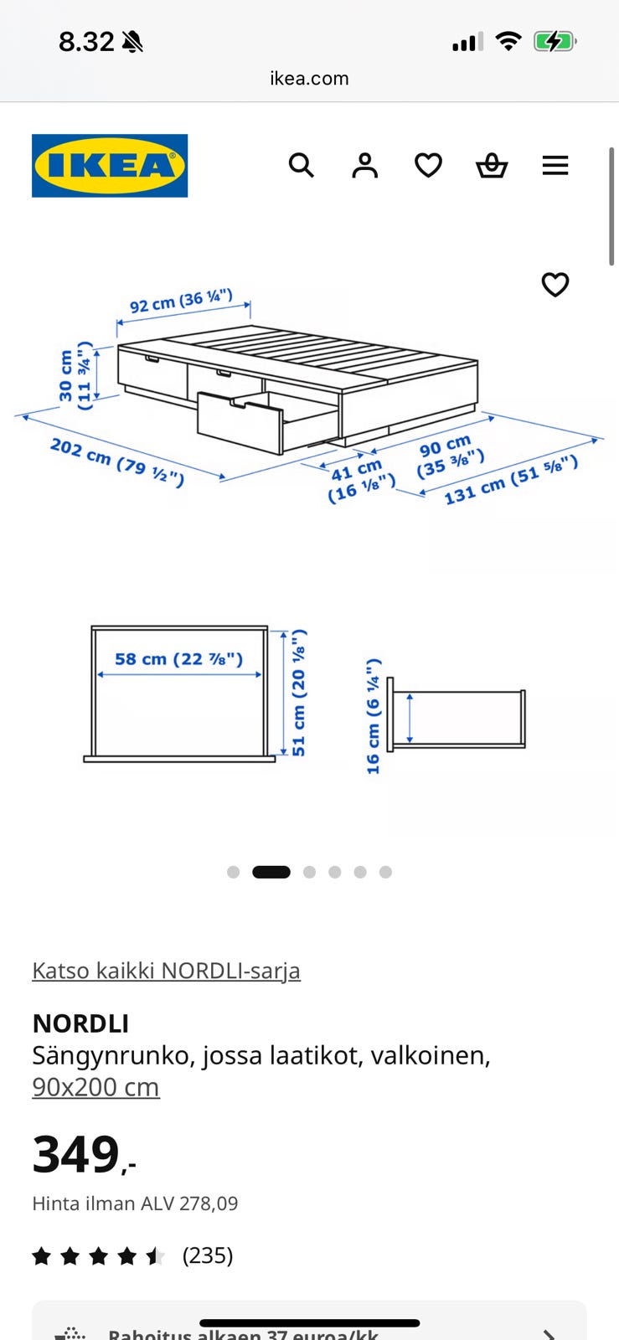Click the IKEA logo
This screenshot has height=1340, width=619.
[110, 166]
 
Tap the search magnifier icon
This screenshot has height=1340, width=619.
[302, 165]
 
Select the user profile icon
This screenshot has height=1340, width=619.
[364, 165]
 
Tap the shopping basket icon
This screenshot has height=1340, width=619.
[492, 166]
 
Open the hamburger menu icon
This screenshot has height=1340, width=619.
[555, 165]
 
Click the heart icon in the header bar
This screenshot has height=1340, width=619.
[428, 165]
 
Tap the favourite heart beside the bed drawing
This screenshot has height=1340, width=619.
[555, 285]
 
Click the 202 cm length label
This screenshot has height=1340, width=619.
[116, 461]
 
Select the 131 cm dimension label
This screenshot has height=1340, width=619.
[511, 479]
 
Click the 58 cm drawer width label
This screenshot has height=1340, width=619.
[178, 659]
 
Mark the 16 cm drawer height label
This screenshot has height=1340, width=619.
[374, 716]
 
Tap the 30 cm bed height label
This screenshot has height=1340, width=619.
[75, 375]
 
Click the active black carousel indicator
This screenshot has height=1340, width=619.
[271, 872]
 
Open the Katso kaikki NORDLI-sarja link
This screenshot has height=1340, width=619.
[166, 971]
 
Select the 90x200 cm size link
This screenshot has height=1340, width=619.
[95, 1087]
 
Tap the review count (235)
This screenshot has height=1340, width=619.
[208, 1255]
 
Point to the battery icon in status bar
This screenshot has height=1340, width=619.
[555, 41]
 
